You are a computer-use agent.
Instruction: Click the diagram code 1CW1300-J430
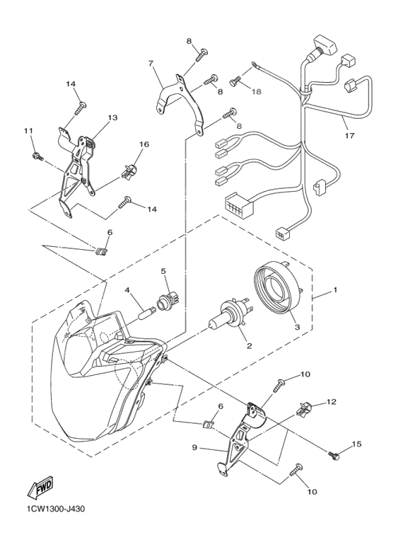tap(55, 509)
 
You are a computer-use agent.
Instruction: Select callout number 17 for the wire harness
tap(349, 135)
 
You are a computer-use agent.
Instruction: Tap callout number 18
tap(256, 92)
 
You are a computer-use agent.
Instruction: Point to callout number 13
tap(112, 117)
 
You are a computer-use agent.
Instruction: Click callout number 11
tap(28, 130)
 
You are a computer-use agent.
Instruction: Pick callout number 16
tap(144, 144)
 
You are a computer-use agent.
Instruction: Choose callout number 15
tap(356, 444)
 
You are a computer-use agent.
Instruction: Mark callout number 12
tap(332, 402)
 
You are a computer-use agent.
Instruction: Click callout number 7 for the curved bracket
tap(151, 63)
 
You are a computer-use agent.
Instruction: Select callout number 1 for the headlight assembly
tap(335, 289)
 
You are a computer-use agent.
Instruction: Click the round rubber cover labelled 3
tap(278, 289)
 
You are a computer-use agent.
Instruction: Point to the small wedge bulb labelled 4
tap(147, 311)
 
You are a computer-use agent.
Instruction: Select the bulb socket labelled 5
tap(166, 300)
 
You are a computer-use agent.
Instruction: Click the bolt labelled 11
tap(37, 156)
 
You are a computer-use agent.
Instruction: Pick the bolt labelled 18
tap(235, 83)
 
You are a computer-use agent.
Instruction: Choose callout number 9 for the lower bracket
tap(194, 447)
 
